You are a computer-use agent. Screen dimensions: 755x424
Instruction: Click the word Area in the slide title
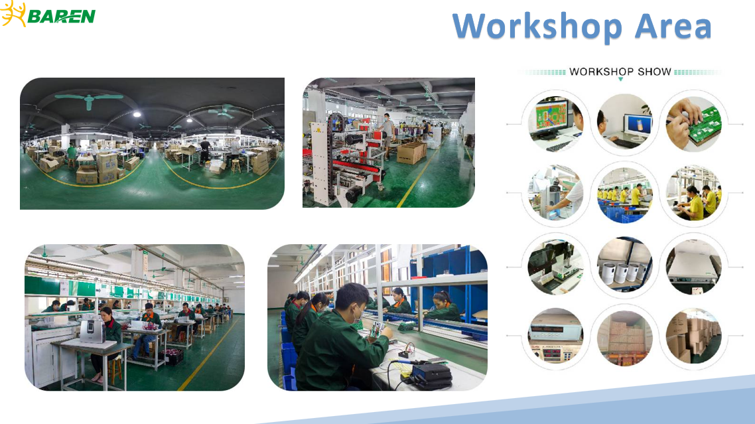tap(673, 26)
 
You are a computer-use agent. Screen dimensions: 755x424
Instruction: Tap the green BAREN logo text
tap(61, 17)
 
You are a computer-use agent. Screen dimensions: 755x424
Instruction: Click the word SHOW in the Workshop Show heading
tap(654, 72)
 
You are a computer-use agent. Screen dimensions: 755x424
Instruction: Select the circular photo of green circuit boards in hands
tap(693, 124)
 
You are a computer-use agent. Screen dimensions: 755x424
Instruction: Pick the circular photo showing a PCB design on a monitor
tap(556, 124)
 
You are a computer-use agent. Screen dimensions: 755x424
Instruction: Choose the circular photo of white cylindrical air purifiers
tap(624, 265)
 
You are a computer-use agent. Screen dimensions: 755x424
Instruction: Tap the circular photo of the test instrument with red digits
tap(556, 335)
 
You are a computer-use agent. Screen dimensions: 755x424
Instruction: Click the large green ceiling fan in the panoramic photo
tap(89, 100)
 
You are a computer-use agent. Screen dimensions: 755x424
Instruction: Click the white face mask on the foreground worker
tap(356, 316)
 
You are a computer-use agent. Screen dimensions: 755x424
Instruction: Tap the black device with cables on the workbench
tap(431, 375)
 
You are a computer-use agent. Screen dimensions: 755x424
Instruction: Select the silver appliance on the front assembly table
tap(92, 332)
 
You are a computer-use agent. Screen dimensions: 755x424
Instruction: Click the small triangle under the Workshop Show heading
tap(621, 79)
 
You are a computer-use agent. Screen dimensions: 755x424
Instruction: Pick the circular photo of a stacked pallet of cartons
tap(624, 335)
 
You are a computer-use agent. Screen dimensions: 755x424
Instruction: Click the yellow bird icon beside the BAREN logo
tap(13, 13)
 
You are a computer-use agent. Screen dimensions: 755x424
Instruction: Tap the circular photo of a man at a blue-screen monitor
tap(624, 124)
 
